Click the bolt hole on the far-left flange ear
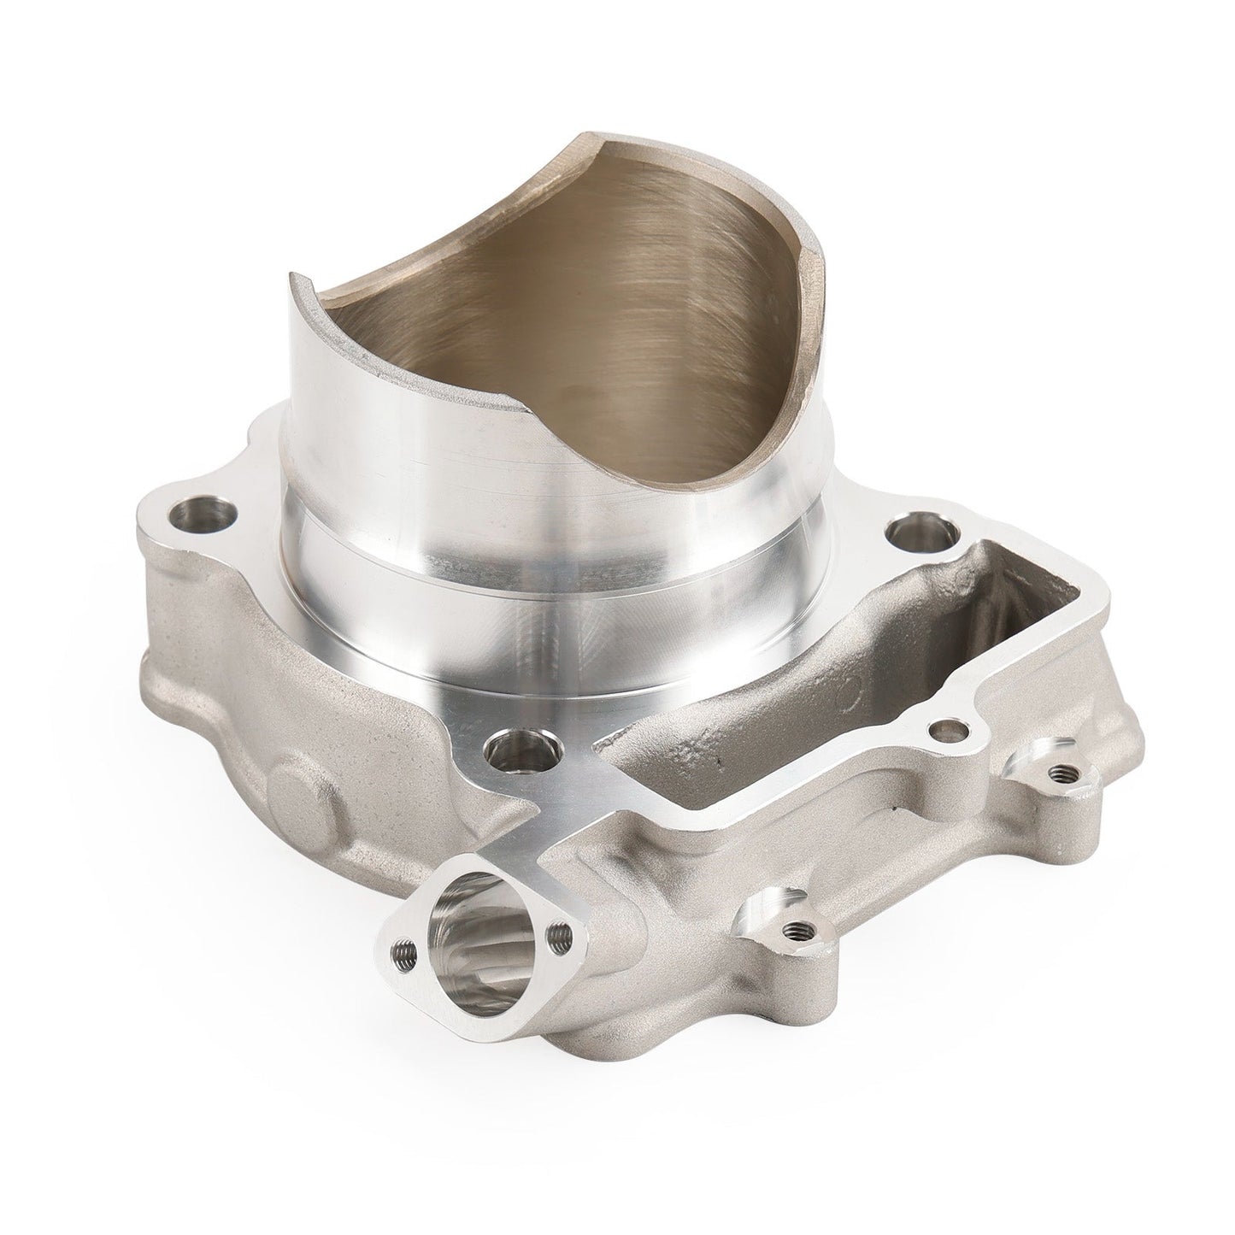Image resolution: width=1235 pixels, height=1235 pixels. point(190,515)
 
